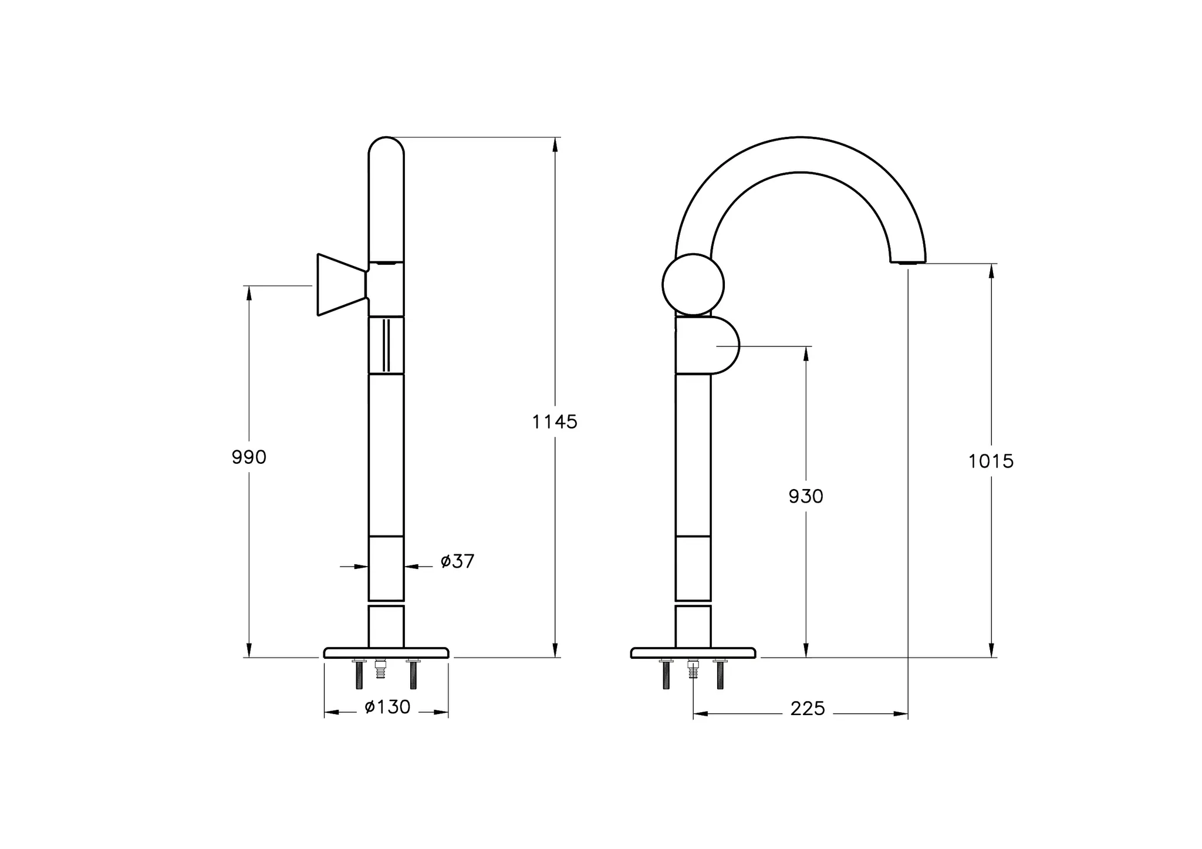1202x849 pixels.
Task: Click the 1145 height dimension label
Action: tap(555, 422)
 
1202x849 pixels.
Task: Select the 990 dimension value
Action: tap(249, 457)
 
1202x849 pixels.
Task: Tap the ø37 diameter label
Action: tap(457, 561)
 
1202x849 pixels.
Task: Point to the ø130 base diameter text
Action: tap(387, 707)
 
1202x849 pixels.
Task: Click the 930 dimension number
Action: tap(806, 497)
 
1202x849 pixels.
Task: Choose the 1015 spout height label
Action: tap(991, 461)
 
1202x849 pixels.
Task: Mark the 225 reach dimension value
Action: tap(808, 709)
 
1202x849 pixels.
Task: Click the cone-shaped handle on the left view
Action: tap(339, 285)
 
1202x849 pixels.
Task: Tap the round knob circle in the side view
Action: tap(693, 285)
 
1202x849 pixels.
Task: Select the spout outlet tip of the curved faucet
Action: tap(907, 262)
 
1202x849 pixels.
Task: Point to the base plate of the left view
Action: tap(386, 652)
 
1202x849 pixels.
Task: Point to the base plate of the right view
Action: tap(693, 652)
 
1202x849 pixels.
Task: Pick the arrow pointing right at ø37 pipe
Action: tap(360, 567)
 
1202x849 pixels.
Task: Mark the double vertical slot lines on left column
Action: tap(386, 345)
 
